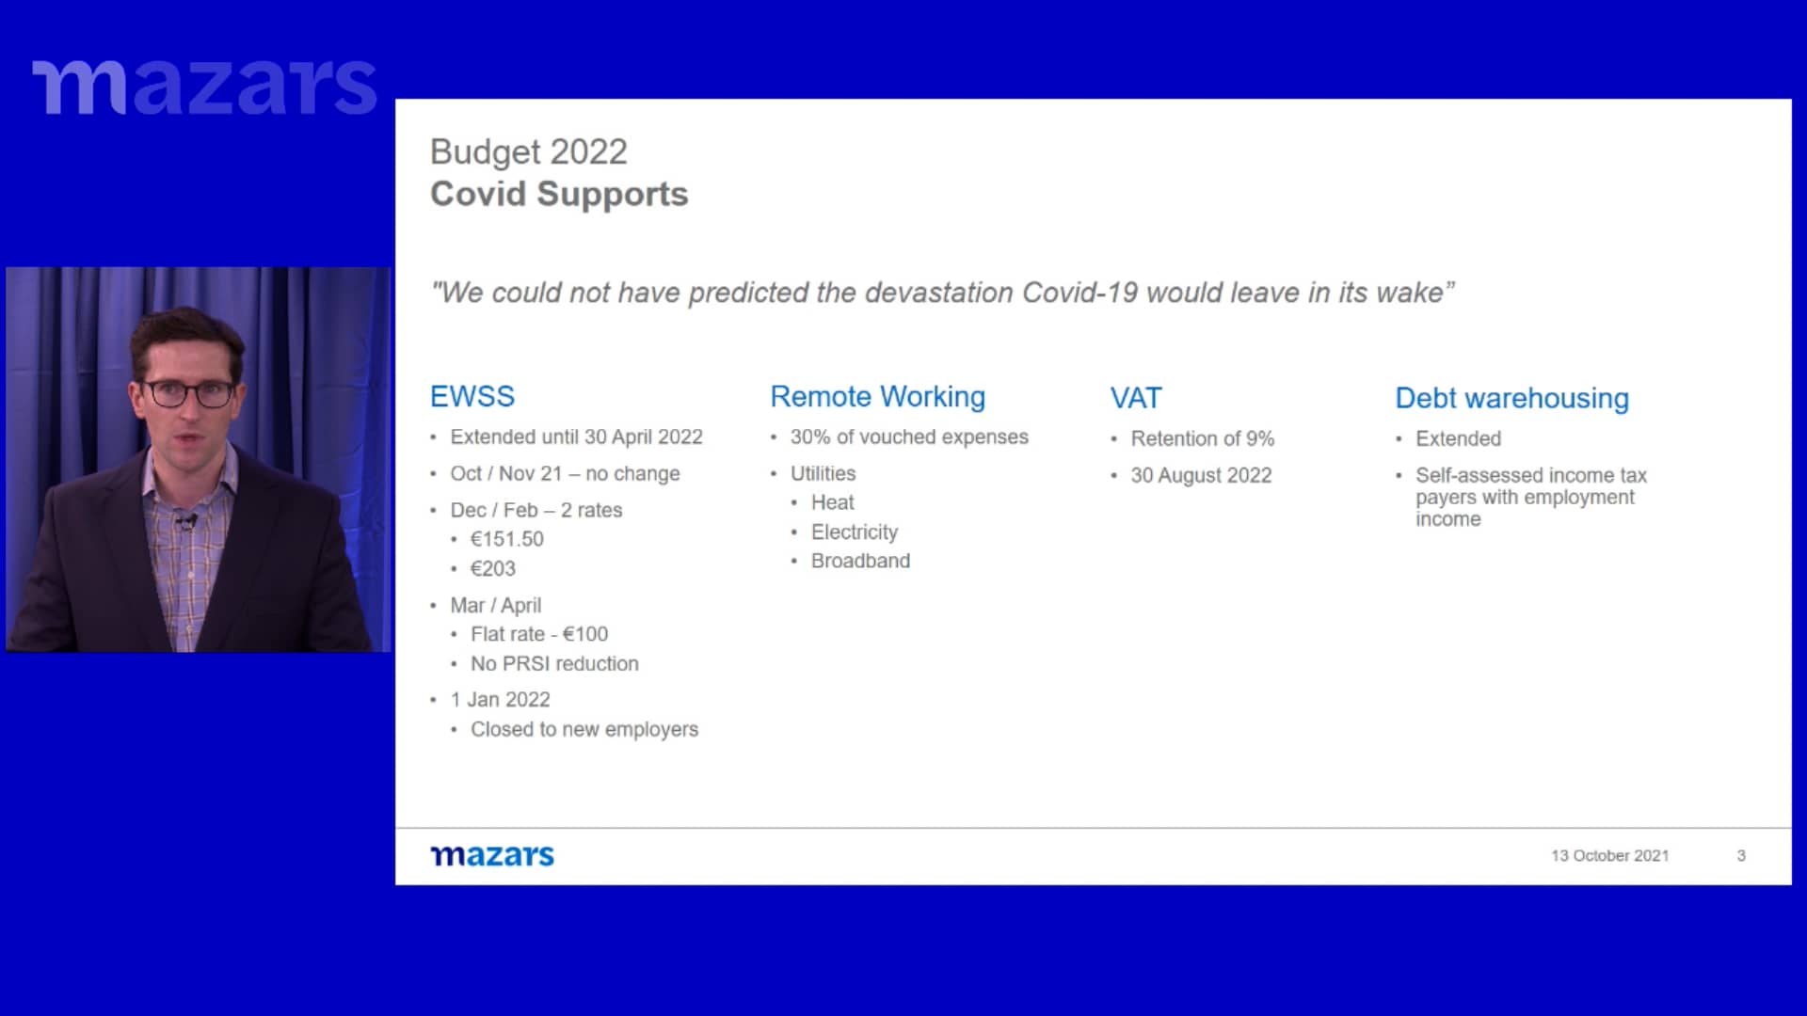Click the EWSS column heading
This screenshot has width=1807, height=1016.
[x=472, y=396]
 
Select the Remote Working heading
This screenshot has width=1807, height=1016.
[x=877, y=397]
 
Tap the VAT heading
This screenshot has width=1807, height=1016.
[x=1136, y=398]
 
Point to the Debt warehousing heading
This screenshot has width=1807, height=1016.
[x=1511, y=399]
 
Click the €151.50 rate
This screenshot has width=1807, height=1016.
[x=507, y=539]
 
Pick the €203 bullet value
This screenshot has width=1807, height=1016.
[x=493, y=568]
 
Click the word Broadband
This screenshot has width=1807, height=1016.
[x=860, y=561]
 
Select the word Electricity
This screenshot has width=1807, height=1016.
[x=855, y=532]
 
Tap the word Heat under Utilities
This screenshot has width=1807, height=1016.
[x=833, y=502]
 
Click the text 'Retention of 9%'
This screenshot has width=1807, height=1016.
[x=1203, y=438]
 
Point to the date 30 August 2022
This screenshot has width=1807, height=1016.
[x=1201, y=475]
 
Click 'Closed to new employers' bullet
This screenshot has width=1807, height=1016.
[x=584, y=729]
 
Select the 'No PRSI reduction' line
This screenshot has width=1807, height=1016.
[x=554, y=663]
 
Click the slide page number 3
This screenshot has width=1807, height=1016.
[x=1741, y=856]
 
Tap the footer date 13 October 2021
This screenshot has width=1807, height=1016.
[x=1610, y=856]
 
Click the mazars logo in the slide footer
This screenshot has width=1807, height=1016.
[x=492, y=855]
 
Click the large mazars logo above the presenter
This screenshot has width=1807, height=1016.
[x=204, y=87]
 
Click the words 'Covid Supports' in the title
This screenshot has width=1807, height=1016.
[x=559, y=194]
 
